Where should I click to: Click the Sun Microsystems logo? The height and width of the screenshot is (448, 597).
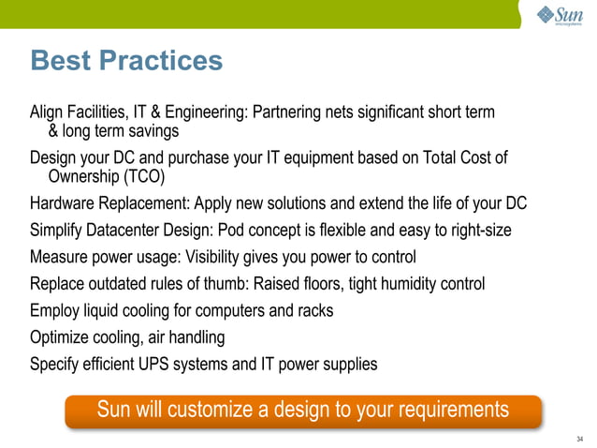coord(559,16)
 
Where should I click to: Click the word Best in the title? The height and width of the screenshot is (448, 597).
coord(61,61)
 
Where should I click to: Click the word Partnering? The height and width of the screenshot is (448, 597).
coord(286,113)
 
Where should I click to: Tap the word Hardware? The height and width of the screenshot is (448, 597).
coord(64,203)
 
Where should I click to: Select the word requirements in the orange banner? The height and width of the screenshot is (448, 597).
coord(453,410)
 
